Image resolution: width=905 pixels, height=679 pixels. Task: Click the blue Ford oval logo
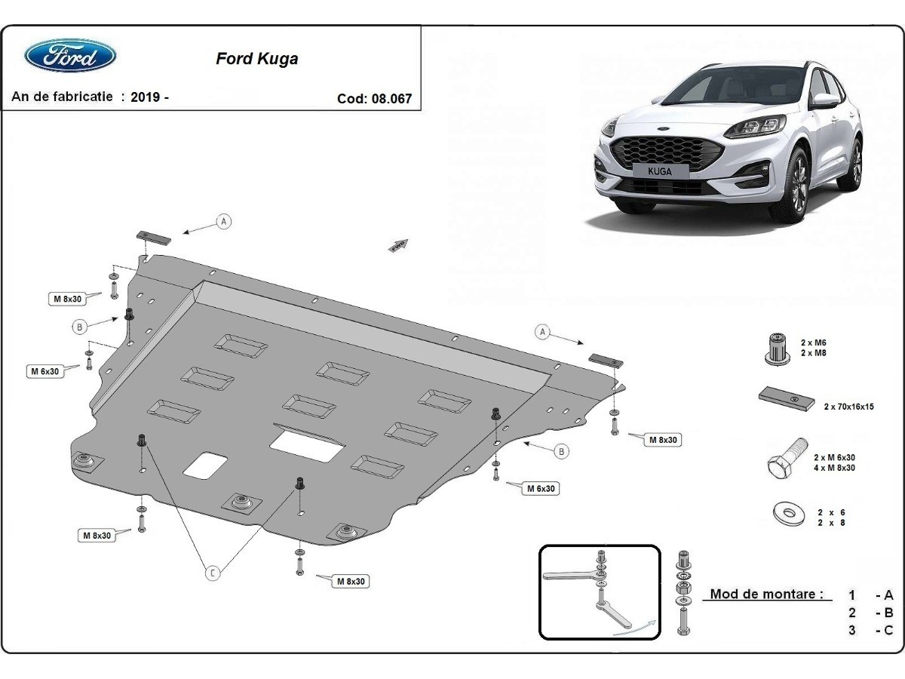coord(70,57)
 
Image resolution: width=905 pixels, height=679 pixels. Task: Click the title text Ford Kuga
coord(256,59)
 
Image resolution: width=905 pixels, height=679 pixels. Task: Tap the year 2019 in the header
coord(145,97)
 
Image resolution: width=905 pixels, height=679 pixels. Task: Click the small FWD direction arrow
coord(398,244)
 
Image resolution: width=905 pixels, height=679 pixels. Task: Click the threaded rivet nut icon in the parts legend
coord(774,349)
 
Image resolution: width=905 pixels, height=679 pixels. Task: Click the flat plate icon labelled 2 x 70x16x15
coord(787,398)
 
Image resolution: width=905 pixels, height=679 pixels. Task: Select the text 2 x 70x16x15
coord(848,407)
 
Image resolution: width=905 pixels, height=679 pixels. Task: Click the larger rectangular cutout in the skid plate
coord(308,444)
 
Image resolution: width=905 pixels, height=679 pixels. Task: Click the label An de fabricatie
coord(63,97)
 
